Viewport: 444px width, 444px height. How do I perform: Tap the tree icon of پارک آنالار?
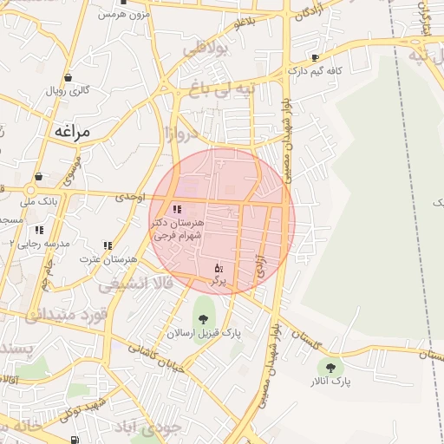point(329,366)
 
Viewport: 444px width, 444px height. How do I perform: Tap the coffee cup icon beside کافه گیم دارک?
point(315,58)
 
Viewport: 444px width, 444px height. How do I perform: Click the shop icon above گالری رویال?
point(68,77)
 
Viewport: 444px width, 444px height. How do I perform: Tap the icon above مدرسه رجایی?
point(39,231)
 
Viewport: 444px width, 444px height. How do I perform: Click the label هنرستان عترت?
point(109,259)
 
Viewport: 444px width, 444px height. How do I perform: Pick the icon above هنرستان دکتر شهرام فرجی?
point(177,209)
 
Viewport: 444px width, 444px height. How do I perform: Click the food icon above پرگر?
point(219,268)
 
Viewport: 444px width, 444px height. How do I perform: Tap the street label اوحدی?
point(127,198)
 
